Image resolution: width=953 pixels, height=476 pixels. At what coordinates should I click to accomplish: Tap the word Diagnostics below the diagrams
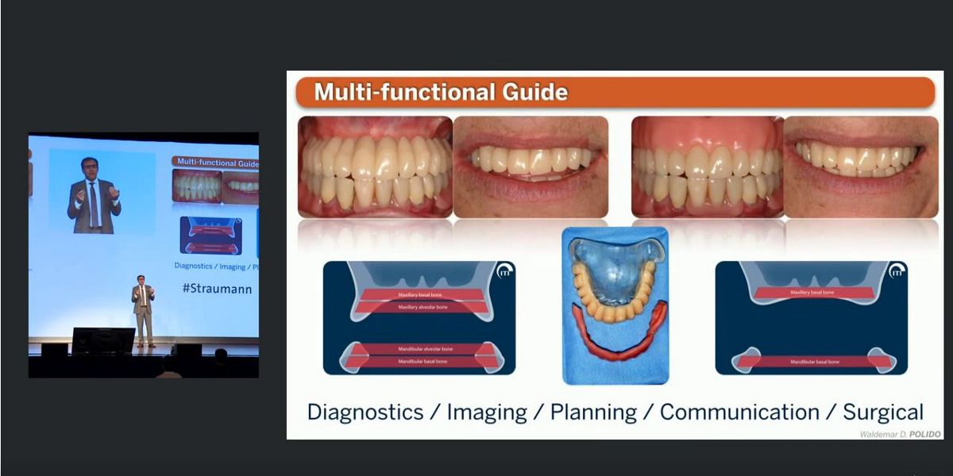coord(365,413)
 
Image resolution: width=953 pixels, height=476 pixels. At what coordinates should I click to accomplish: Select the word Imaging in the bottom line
coord(487,413)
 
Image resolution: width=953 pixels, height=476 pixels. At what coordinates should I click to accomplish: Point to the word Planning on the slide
coord(593,413)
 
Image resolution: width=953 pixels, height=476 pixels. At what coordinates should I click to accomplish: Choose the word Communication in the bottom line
coord(739,413)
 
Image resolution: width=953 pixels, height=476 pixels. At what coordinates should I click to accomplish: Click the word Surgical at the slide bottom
coord(883,413)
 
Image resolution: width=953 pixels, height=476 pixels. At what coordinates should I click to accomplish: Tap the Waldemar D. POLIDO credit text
coord(901,434)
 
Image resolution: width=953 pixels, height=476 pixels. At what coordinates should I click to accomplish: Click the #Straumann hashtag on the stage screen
coord(217,289)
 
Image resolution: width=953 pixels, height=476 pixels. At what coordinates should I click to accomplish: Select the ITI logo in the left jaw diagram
coord(504,272)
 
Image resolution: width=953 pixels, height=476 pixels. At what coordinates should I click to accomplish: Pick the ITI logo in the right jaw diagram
coord(897,272)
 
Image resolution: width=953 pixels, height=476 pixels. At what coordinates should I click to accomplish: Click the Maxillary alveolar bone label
coord(422,307)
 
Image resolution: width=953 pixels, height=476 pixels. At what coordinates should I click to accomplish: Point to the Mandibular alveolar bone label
coord(422,349)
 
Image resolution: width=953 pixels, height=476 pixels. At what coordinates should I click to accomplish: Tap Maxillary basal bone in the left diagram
coord(422,295)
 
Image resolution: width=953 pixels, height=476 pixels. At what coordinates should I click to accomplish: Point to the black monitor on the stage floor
coord(103,340)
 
